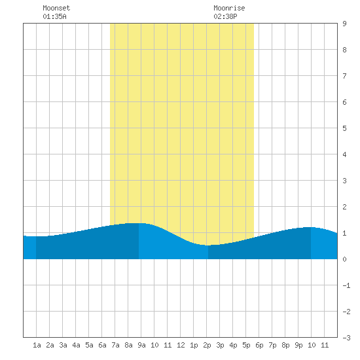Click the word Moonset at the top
coord(56,8)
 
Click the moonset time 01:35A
coord(54,16)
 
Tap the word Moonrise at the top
coord(229,8)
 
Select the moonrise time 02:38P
coord(225,16)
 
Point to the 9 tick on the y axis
coord(344,24)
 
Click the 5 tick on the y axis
coord(344,128)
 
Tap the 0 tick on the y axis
coord(344,259)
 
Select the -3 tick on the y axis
coord(346,338)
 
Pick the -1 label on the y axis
coord(346,285)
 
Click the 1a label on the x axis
coord(37,345)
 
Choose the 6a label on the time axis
coord(102,345)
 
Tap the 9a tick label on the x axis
coord(141,345)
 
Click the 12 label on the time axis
coord(181,345)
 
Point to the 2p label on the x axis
coord(207,345)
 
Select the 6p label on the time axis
coord(259,345)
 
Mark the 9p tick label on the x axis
coord(298,345)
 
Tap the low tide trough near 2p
coord(207,245)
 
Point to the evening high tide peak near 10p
coord(310,227)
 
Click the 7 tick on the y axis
coord(344,76)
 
